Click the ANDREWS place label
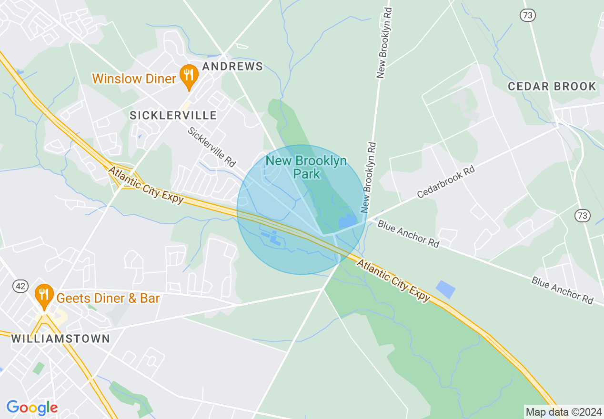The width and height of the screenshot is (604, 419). pos(232,66)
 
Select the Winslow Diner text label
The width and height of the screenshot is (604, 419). pos(134,79)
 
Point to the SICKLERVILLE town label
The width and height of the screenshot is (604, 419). pos(173,115)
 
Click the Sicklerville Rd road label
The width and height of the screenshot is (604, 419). pos(211,147)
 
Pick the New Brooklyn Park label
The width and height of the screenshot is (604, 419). pos(306,167)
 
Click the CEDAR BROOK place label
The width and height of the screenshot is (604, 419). pos(552,87)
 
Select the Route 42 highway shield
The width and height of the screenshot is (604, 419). pos(20,286)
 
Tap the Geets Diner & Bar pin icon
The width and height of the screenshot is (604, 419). pos(44,296)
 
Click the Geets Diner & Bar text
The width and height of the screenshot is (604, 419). pos(108,299)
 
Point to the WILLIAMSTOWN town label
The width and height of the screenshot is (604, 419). pos(60,339)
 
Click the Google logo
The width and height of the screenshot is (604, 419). pos(32,408)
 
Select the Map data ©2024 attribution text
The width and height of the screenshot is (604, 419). pos(563,411)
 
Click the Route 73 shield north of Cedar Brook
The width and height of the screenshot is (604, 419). pos(528,15)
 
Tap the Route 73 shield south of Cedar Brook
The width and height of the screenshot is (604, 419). pos(582,216)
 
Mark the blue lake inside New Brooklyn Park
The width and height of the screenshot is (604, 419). pos(348,221)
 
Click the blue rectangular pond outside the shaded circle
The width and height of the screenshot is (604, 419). pos(445,289)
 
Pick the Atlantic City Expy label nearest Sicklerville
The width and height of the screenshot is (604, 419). pos(146,185)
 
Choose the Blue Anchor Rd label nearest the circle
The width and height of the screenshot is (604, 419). pos(408,233)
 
